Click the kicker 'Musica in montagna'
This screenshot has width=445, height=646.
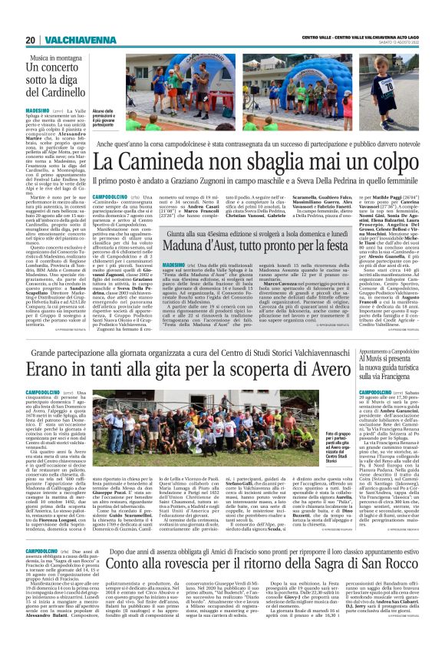pyautogui.click(x=61, y=58)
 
